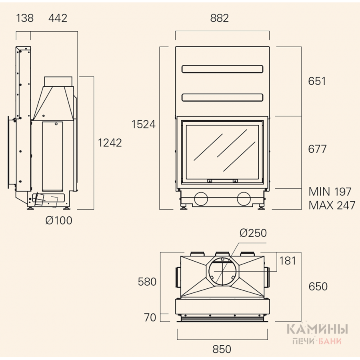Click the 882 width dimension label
(220, 18)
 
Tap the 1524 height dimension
(144, 124)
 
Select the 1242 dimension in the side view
(110, 142)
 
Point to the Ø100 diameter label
(59, 220)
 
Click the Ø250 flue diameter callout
(253, 233)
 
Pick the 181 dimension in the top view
(288, 260)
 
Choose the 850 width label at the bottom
(222, 349)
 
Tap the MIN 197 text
(330, 192)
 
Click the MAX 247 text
(332, 205)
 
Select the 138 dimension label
(25, 18)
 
